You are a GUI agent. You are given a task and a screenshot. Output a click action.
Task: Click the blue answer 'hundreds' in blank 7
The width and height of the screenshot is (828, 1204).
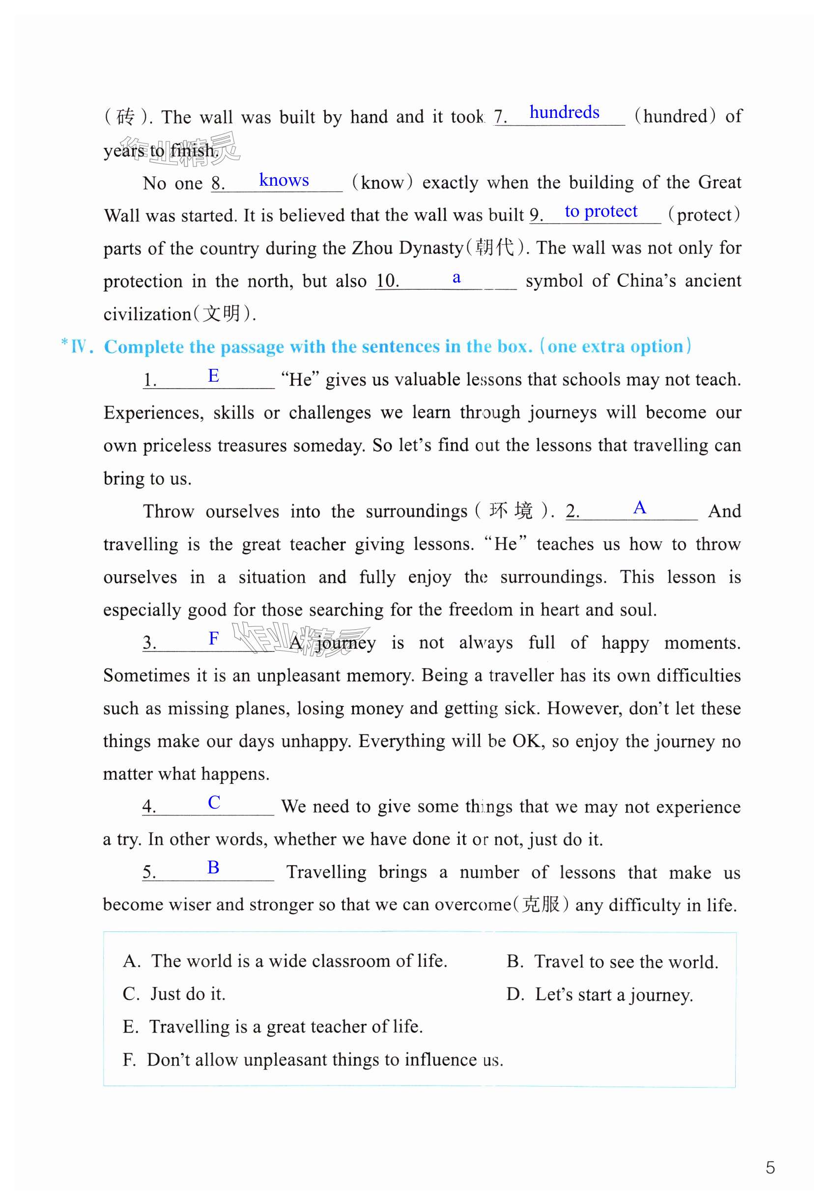564,112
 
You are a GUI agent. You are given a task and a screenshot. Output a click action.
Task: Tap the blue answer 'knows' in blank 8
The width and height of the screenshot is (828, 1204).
284,180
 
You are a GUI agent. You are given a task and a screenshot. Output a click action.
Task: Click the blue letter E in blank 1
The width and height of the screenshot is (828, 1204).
213,375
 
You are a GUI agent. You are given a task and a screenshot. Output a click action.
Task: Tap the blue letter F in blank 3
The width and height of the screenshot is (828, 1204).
213,638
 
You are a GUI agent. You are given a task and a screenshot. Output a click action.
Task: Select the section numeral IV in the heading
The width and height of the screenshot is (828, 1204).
79,346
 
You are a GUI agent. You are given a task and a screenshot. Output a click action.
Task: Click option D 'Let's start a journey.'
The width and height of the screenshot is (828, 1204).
599,995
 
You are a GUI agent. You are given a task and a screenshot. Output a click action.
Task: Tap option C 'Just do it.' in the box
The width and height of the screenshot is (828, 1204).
174,994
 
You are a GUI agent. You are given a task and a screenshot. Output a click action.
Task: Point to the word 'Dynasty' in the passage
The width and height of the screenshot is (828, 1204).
430,248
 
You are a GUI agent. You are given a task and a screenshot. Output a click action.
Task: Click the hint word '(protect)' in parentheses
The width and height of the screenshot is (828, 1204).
704,215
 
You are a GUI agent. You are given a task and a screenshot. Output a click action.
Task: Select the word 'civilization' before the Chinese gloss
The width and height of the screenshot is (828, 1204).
147,314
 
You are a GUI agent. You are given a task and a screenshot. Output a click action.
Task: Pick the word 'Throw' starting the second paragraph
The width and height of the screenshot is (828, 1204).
168,511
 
